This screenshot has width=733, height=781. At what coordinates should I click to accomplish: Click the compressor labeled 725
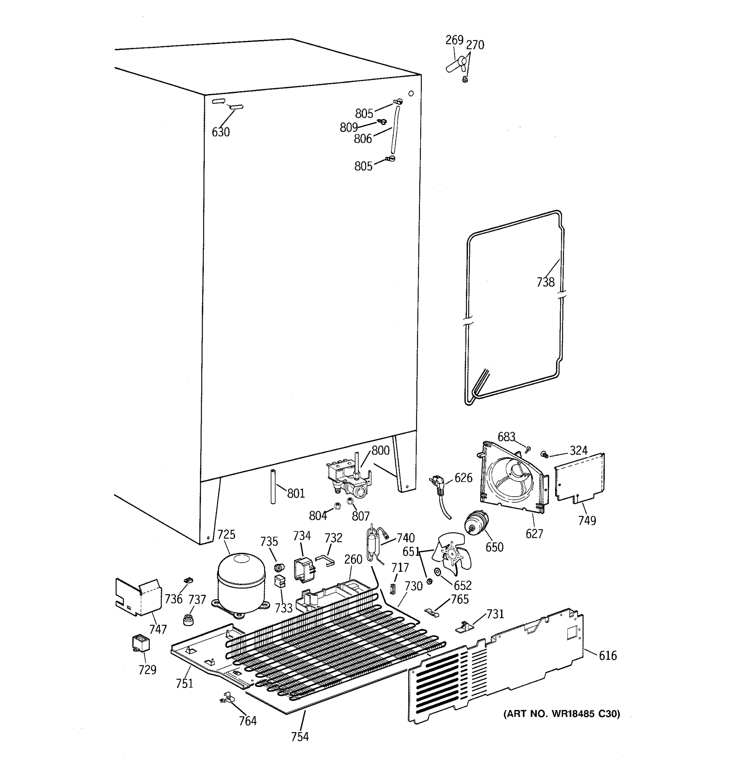[241, 584]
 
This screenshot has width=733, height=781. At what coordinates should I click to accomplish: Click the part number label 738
[545, 282]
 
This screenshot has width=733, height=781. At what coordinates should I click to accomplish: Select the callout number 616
[608, 655]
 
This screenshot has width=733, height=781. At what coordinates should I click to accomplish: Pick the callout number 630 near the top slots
[221, 132]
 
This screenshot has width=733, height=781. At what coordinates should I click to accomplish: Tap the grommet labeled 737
[190, 620]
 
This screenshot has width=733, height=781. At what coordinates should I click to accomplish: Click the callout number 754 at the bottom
[300, 737]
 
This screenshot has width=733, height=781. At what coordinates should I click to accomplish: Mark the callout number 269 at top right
[454, 40]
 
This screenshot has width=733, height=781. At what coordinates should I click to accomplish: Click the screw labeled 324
[545, 454]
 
